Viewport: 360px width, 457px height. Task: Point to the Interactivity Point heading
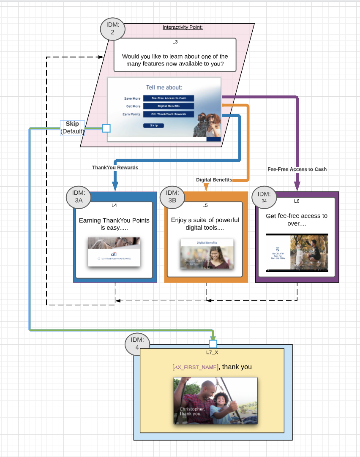pyautogui.click(x=183, y=27)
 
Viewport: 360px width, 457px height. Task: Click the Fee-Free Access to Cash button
pyautogui.click(x=169, y=98)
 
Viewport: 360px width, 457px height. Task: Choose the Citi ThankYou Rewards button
pyautogui.click(x=169, y=114)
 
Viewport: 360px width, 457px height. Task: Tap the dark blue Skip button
pyautogui.click(x=153, y=125)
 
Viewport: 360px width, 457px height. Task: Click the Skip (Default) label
pyautogui.click(x=72, y=128)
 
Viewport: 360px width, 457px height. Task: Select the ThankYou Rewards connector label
pyautogui.click(x=115, y=168)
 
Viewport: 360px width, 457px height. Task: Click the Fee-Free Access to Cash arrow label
pyautogui.click(x=297, y=169)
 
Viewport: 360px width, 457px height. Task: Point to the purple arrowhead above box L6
pyautogui.click(x=297, y=186)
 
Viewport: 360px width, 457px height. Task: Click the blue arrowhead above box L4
pyautogui.click(x=115, y=186)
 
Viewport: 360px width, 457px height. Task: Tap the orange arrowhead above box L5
pyautogui.click(x=206, y=187)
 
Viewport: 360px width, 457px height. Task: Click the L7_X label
pyautogui.click(x=212, y=352)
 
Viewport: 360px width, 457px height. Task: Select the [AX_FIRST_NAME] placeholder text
pyautogui.click(x=195, y=367)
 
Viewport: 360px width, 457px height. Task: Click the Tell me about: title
pyautogui.click(x=164, y=87)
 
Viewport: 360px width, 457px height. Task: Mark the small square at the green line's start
pyautogui.click(x=106, y=128)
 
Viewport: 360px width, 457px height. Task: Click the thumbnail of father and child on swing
pyautogui.click(x=215, y=400)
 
